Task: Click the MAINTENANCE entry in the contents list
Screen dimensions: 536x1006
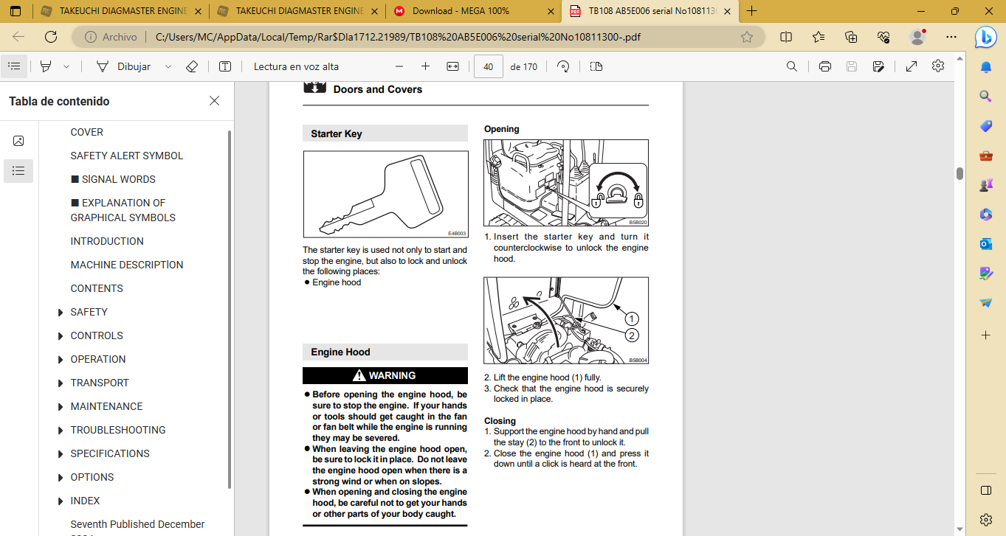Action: [106, 406]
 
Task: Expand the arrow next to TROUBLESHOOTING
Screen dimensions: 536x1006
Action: [60, 430]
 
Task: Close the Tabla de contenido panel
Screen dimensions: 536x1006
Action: [214, 101]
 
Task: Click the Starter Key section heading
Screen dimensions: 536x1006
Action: [336, 133]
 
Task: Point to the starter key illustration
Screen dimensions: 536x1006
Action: [385, 194]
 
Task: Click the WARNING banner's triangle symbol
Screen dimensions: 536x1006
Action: [359, 375]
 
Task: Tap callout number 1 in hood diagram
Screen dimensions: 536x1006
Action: [632, 319]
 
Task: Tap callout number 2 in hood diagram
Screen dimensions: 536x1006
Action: [632, 335]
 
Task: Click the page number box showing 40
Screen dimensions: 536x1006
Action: [488, 66]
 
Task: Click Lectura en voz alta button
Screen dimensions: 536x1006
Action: [296, 66]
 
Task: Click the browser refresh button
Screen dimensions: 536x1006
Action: [51, 37]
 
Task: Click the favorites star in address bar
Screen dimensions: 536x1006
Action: [746, 37]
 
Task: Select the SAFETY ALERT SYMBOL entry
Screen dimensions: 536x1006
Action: [126, 156]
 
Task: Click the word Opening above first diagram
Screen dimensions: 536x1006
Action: [502, 129]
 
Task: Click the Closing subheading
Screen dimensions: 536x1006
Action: [500, 421]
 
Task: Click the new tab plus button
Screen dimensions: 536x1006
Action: [751, 11]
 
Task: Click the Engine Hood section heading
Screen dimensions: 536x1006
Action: [340, 352]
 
